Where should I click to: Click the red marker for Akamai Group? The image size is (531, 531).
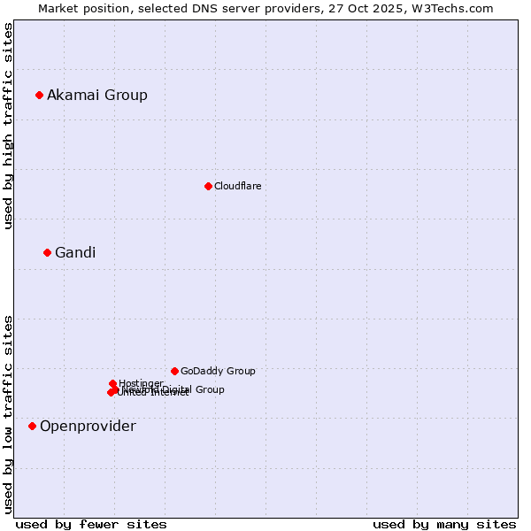point(39,95)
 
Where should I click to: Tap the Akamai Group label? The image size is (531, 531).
point(97,95)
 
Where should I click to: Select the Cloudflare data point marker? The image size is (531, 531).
point(208,186)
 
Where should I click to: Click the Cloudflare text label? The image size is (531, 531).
point(237,186)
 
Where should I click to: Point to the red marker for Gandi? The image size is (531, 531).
point(47,252)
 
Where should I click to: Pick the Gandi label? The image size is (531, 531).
point(75,252)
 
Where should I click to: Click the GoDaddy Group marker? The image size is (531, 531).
point(174,371)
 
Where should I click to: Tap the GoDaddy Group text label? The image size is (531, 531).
point(218,371)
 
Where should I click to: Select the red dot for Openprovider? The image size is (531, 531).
point(32,426)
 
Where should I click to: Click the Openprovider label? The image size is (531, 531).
point(88,426)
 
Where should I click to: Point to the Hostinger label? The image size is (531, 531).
point(142,382)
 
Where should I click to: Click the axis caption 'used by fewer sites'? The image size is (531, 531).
point(91,524)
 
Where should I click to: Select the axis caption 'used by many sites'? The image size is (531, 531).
point(444,524)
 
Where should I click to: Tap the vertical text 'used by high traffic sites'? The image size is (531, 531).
point(8,126)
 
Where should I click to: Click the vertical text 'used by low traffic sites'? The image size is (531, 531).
point(8,413)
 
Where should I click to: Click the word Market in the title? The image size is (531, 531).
point(59,8)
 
